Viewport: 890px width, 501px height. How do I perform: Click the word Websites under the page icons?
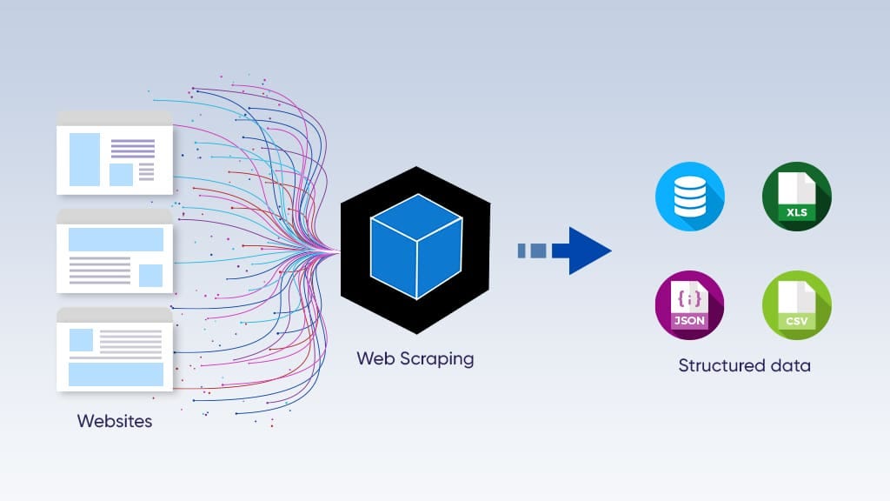[x=115, y=422]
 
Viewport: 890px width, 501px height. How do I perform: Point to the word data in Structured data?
[x=791, y=365]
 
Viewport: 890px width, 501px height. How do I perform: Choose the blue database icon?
[x=689, y=196]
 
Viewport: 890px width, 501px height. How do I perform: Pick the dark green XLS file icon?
[x=796, y=196]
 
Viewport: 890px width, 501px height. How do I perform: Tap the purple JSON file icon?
[x=689, y=304]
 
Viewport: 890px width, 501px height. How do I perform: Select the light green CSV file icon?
[x=796, y=304]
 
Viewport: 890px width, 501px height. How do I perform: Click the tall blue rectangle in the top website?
[x=84, y=159]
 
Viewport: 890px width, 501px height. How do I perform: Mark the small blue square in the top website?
[x=121, y=174]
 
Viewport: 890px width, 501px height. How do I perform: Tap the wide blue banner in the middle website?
[x=116, y=239]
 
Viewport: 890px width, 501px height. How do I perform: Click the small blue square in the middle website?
[x=150, y=275]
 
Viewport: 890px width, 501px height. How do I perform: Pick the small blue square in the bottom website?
[x=81, y=339]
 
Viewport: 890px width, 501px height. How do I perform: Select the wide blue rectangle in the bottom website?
[x=116, y=374]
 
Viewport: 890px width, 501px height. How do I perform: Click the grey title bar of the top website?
[x=115, y=117]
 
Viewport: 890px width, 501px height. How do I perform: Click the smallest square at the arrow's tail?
[x=522, y=250]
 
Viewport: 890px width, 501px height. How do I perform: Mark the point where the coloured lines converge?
[x=335, y=250]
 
